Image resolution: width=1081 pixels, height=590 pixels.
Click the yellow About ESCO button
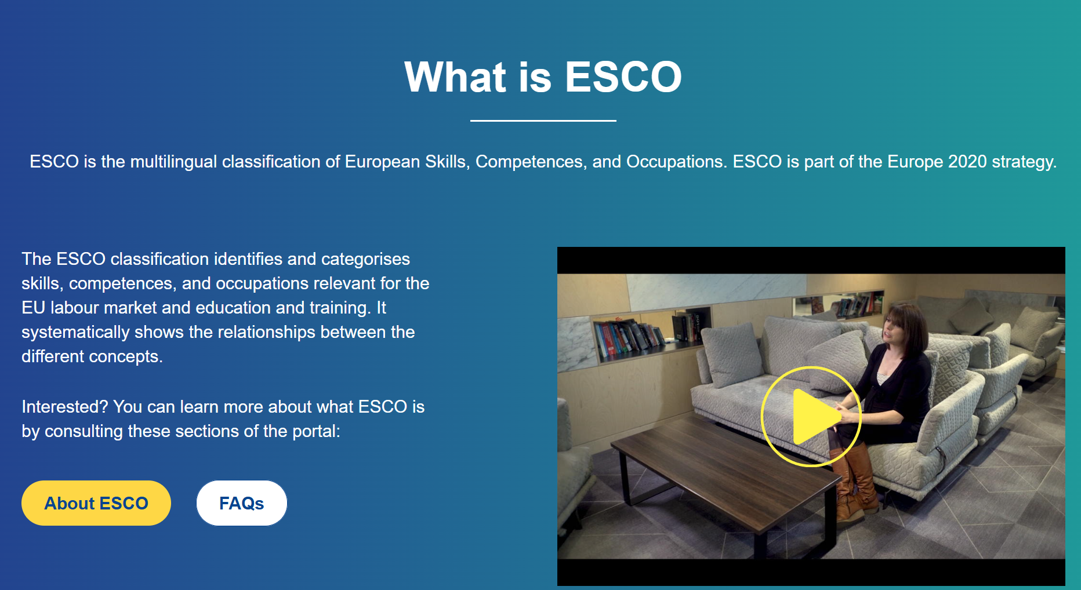(96, 503)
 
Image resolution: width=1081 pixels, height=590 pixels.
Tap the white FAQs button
(242, 503)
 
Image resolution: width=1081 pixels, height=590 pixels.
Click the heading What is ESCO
(543, 77)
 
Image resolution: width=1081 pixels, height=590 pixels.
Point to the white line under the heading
(543, 121)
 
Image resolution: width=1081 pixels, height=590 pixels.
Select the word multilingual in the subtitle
(174, 162)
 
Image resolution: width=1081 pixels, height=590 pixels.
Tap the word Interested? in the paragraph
(65, 407)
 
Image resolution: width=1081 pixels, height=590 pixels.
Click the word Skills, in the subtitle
(447, 162)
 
